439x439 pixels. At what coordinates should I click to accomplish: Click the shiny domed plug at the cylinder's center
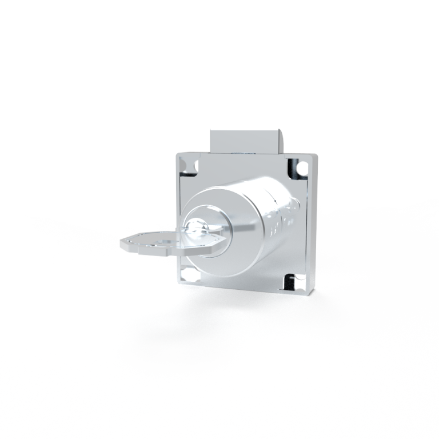pyautogui.click(x=197, y=228)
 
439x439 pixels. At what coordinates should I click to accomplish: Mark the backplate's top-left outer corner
pyautogui.click(x=175, y=151)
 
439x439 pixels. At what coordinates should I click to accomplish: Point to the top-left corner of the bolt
pyautogui.click(x=211, y=131)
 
